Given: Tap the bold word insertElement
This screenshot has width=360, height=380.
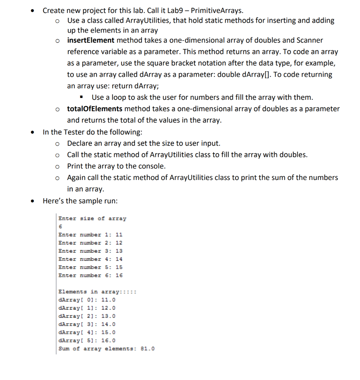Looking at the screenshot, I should (x=91, y=40).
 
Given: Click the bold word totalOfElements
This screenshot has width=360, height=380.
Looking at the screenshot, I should (x=95, y=109).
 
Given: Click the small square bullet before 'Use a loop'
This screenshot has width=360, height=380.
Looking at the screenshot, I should (x=81, y=98).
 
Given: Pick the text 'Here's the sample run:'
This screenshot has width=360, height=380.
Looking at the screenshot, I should (x=80, y=201).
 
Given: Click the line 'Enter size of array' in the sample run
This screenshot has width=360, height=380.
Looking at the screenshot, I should (x=93, y=219).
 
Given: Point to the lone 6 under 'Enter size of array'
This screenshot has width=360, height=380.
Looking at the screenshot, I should (x=60, y=227).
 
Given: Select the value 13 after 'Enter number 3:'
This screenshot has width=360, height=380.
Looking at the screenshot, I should (x=119, y=251).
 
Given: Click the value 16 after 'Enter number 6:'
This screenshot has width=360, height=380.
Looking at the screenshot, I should (x=119, y=275).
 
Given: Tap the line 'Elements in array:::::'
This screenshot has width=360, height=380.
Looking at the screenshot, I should (x=98, y=292).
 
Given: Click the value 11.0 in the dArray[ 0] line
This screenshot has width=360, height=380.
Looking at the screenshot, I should (x=108, y=300).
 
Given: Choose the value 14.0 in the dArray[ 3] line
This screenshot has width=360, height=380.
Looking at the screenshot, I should (x=108, y=324).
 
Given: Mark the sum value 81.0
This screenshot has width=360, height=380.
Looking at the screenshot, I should (x=148, y=349).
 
